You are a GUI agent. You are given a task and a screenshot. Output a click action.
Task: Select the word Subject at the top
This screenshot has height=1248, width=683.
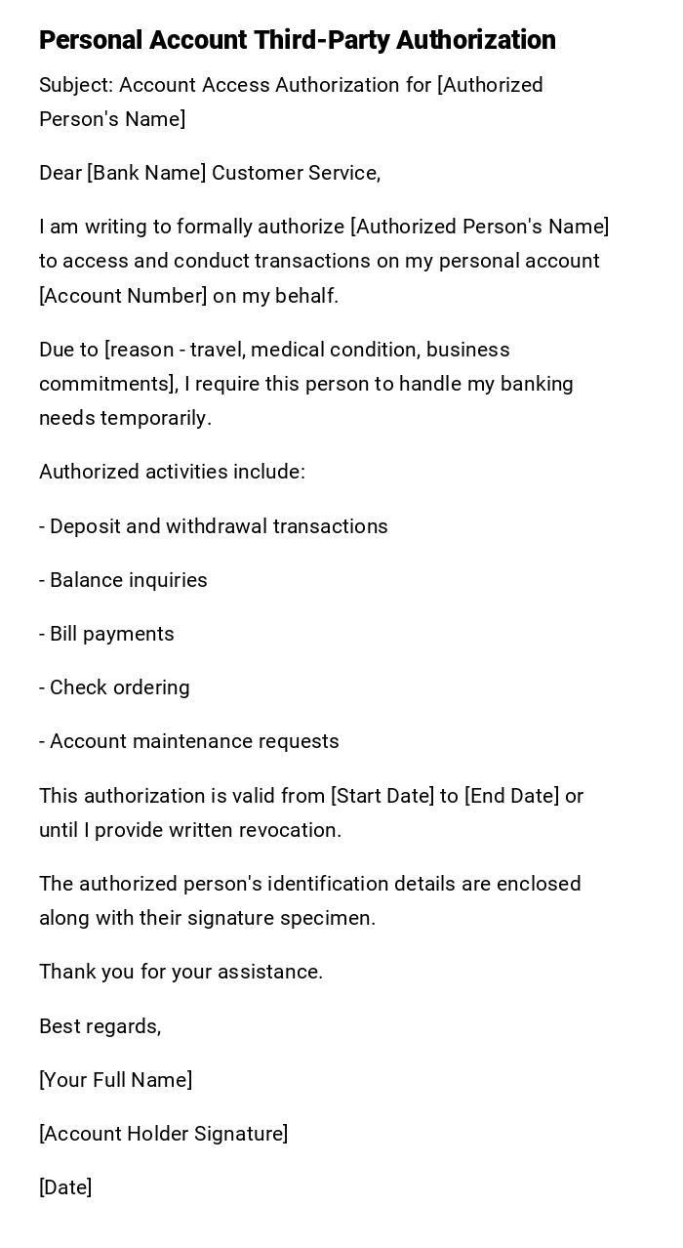tap(75, 85)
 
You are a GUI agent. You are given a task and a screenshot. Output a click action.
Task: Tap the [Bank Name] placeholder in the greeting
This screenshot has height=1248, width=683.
tap(146, 173)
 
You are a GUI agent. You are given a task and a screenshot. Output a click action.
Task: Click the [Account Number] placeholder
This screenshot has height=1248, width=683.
tap(123, 296)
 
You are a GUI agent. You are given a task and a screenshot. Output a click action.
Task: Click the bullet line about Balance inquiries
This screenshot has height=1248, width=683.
tap(123, 580)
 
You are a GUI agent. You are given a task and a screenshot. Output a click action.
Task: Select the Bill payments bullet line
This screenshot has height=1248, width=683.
tap(106, 634)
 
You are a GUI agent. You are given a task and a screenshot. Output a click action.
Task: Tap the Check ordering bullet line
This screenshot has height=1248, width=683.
tap(114, 687)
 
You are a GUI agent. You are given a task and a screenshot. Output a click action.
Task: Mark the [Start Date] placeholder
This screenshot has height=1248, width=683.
tap(382, 796)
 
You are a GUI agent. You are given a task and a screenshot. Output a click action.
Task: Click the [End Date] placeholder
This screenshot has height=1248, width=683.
tap(512, 796)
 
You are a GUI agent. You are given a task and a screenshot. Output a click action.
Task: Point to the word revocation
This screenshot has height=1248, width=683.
tap(291, 830)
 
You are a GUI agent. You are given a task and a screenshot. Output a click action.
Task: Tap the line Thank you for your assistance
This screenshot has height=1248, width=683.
tap(181, 972)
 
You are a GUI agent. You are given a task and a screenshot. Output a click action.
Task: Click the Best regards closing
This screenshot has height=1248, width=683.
tap(100, 1026)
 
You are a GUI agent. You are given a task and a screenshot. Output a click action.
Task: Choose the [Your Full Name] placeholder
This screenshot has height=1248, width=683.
tap(115, 1080)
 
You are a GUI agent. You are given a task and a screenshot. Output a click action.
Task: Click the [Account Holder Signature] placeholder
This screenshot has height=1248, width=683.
tap(163, 1134)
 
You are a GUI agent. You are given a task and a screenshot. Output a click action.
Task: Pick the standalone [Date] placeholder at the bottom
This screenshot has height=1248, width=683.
tap(65, 1187)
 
